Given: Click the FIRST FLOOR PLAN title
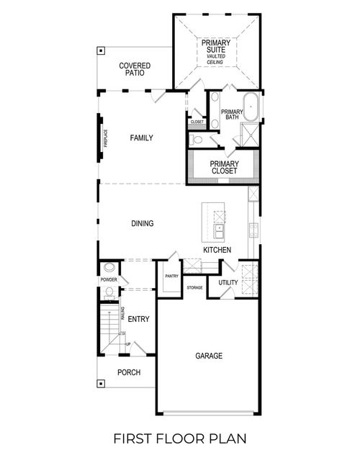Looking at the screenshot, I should (179, 438).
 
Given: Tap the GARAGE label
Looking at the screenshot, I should (208, 356).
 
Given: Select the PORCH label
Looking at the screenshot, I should (129, 372).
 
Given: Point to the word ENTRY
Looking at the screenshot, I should (139, 318).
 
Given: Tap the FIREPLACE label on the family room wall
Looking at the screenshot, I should (105, 137).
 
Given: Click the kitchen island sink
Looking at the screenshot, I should (218, 232).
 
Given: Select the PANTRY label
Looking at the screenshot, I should (171, 276).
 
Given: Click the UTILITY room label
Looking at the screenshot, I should (228, 283).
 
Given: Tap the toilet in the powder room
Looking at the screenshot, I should (108, 292).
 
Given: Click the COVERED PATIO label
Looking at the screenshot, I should (135, 68).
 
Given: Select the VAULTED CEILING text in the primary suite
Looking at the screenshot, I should (215, 59).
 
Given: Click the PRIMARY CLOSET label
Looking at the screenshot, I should (224, 167).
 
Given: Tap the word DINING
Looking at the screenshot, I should (142, 223).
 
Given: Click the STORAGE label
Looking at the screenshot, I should (194, 288).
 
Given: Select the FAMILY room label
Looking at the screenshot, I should (141, 138).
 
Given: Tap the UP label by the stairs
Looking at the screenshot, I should (128, 345).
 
